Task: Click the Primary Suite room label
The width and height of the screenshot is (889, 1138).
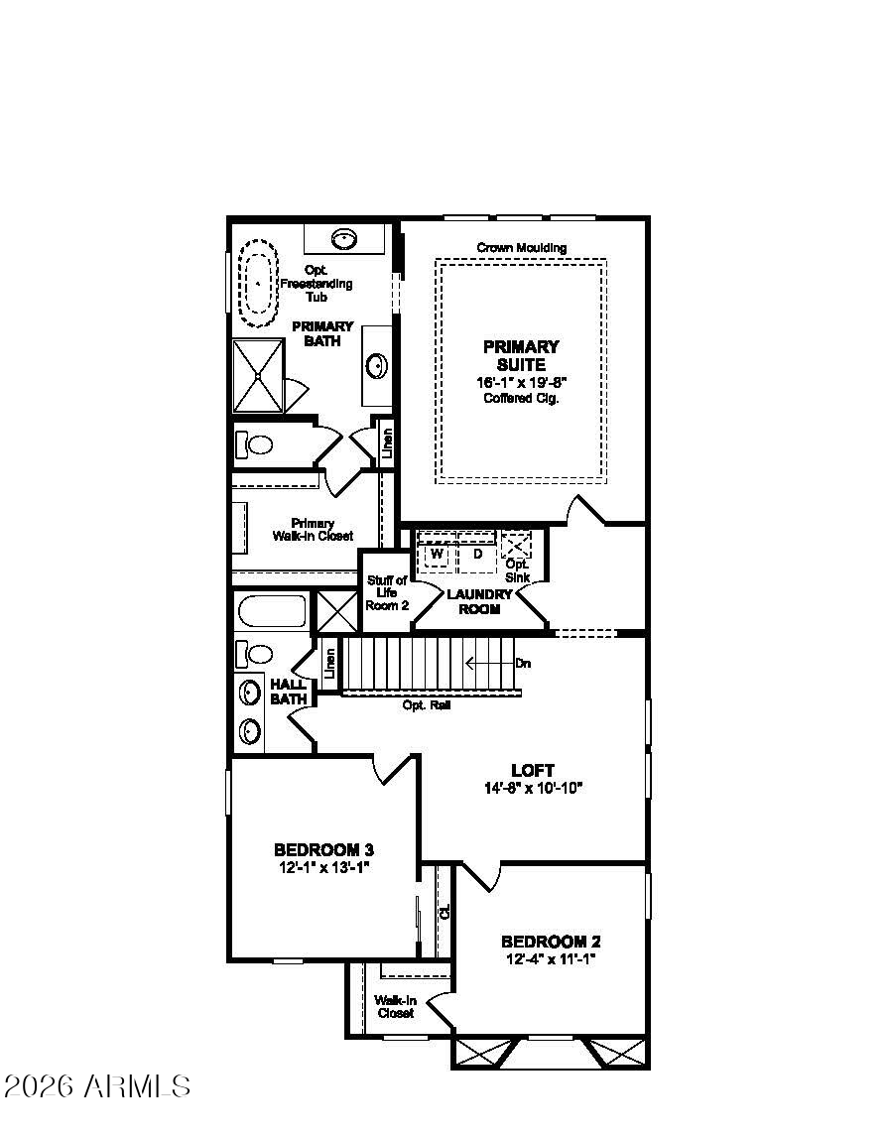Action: coord(521,355)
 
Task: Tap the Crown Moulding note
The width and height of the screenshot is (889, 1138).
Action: coord(521,247)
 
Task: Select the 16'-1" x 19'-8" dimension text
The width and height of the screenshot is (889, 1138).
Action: coord(521,382)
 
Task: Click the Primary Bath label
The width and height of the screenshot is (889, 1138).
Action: coord(321,333)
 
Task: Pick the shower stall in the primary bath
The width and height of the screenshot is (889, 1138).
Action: coord(258,376)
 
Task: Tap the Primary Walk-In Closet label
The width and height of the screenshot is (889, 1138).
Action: coord(313,529)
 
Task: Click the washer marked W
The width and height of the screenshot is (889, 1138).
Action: coord(437,554)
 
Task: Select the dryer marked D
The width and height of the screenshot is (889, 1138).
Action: coord(477,554)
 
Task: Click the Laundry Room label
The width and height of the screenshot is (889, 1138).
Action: coord(479,601)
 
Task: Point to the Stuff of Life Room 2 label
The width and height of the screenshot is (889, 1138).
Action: coord(387,592)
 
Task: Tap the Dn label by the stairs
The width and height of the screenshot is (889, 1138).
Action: coord(522,663)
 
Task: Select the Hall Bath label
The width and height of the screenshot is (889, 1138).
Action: coord(288,692)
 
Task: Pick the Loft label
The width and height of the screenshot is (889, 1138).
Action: coord(532,770)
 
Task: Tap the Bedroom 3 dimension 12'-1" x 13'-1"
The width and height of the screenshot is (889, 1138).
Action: coord(323,867)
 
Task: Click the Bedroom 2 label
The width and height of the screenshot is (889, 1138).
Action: coord(550,942)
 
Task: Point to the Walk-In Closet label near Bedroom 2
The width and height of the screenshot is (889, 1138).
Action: coord(394,1006)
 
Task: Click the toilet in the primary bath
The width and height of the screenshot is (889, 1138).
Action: coord(254,444)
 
